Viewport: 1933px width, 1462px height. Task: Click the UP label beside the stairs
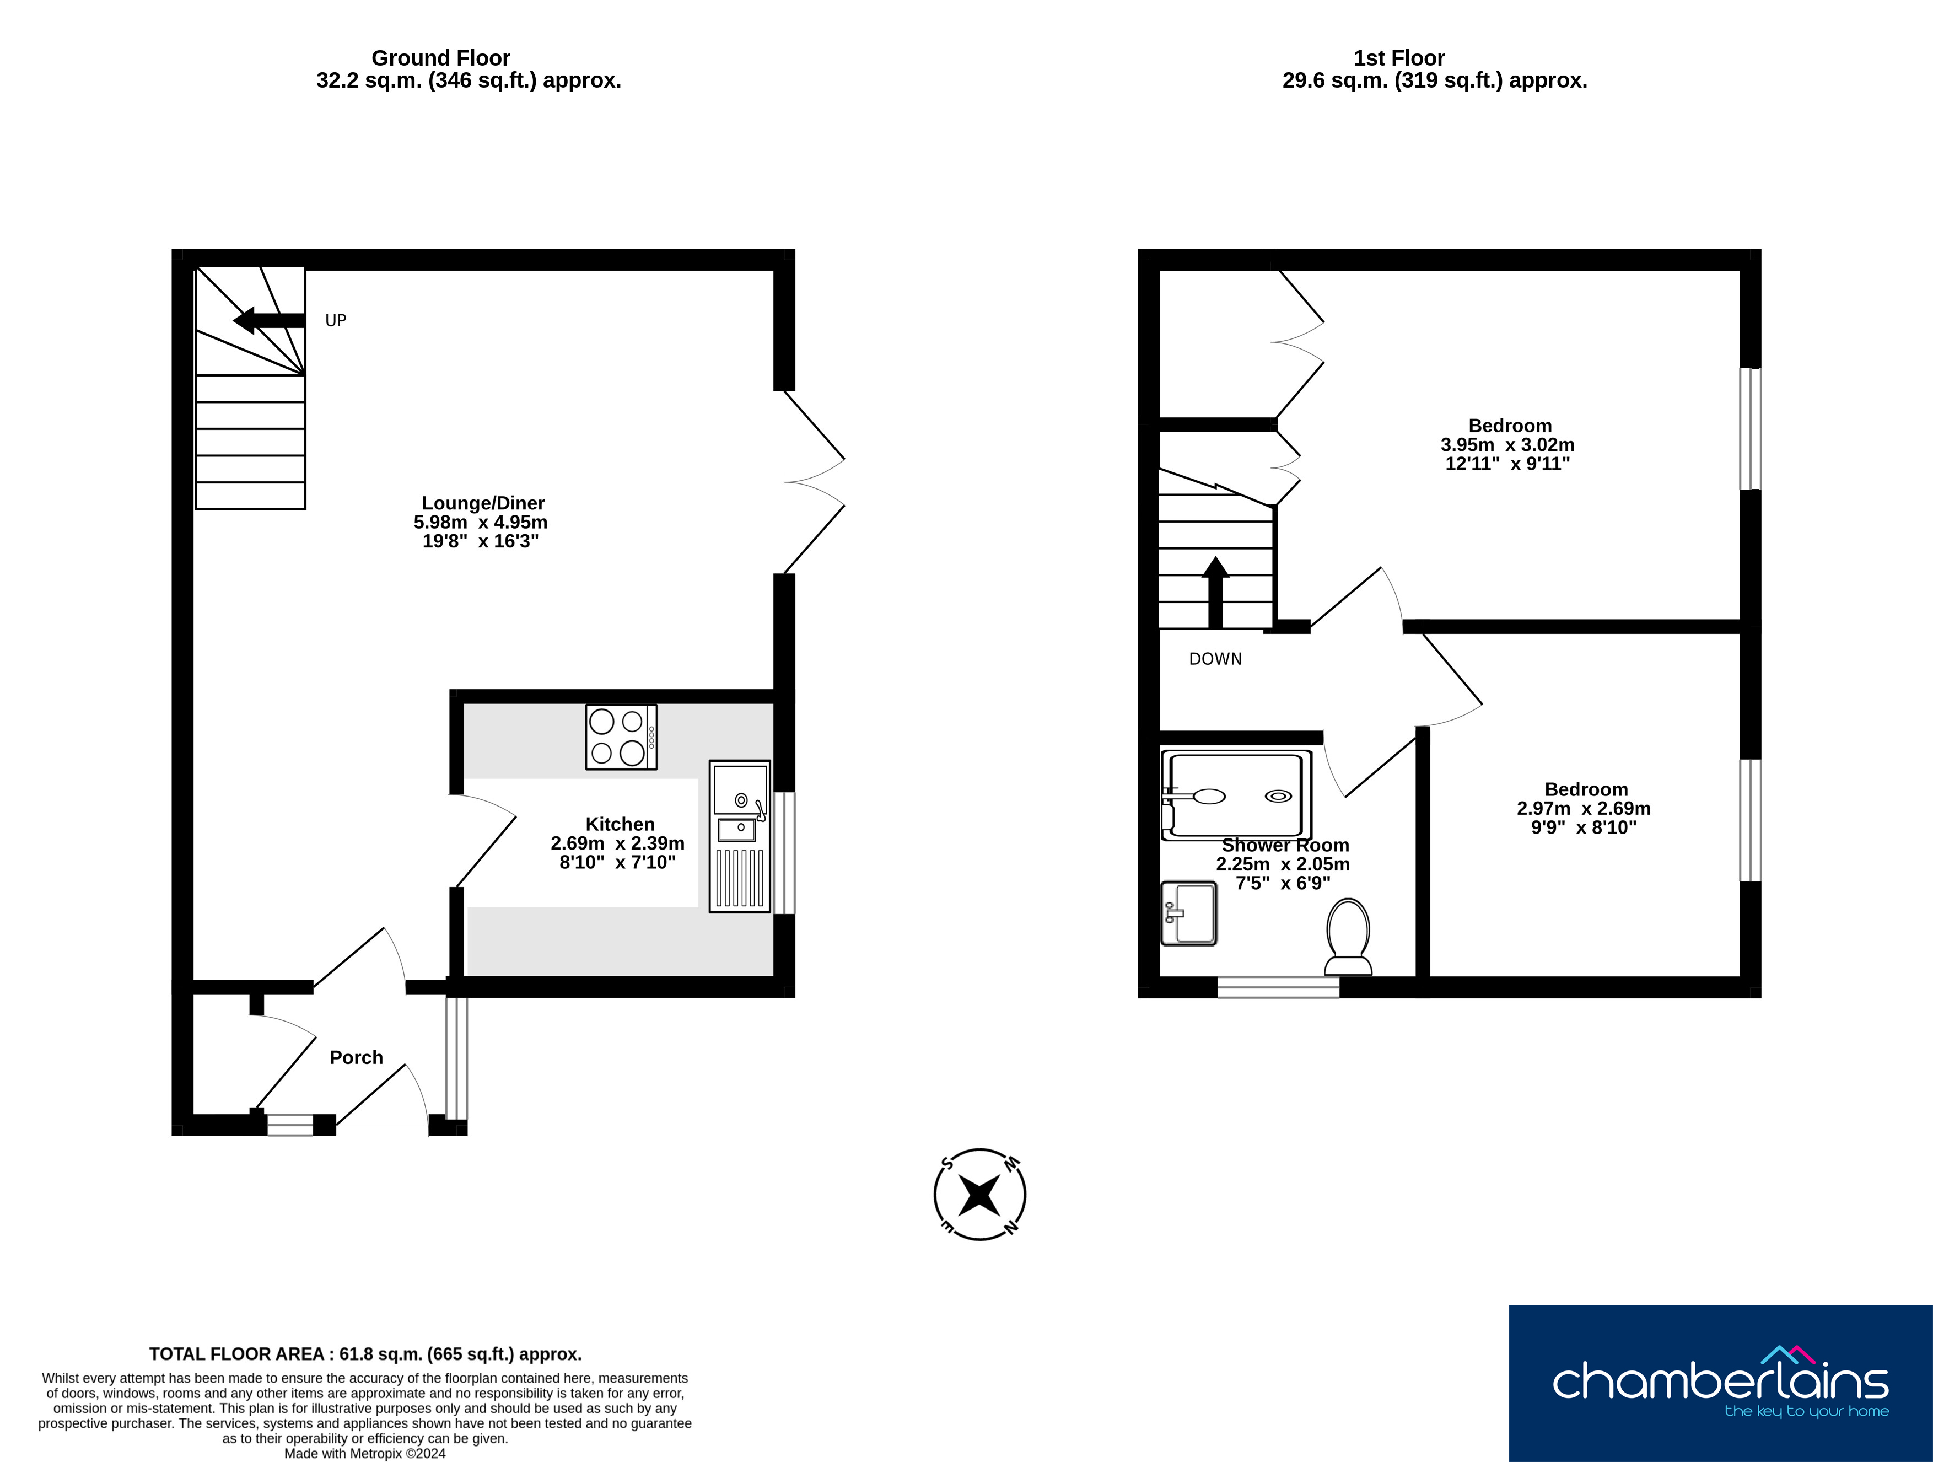pyautogui.click(x=336, y=321)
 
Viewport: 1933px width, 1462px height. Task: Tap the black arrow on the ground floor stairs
pyautogui.click(x=268, y=321)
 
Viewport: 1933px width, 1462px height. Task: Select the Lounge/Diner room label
pyautogui.click(x=483, y=503)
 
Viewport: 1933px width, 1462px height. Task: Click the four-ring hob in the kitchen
pyautogui.click(x=621, y=738)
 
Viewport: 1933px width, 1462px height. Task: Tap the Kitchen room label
pyautogui.click(x=620, y=824)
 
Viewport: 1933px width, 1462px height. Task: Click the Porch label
pyautogui.click(x=357, y=1057)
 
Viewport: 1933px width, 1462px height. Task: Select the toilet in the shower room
pyautogui.click(x=1348, y=937)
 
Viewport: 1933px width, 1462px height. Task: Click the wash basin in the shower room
pyautogui.click(x=1188, y=913)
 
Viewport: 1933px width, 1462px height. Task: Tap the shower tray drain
pyautogui.click(x=1279, y=796)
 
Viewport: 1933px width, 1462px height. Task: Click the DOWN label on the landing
pyautogui.click(x=1215, y=659)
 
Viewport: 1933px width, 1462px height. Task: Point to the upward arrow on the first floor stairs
pyautogui.click(x=1215, y=593)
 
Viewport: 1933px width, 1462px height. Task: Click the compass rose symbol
pyautogui.click(x=979, y=1195)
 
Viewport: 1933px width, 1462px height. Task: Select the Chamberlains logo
pyautogui.click(x=1721, y=1383)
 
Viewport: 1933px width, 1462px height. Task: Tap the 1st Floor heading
pyautogui.click(x=1399, y=58)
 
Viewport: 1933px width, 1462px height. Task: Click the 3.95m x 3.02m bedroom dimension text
pyautogui.click(x=1507, y=445)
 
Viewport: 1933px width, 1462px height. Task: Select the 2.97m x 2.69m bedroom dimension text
pyautogui.click(x=1584, y=808)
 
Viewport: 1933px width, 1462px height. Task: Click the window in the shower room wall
pyautogui.click(x=1279, y=987)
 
